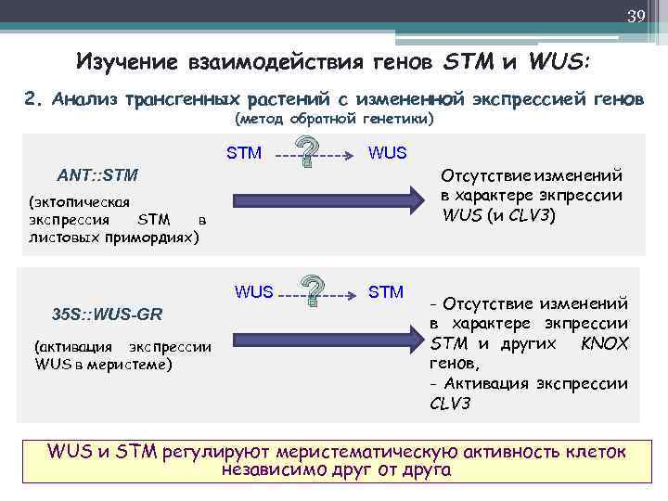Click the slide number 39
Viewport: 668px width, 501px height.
click(636, 16)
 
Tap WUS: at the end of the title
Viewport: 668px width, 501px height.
click(559, 63)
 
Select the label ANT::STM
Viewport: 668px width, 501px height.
click(97, 174)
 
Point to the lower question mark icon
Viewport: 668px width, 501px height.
click(316, 291)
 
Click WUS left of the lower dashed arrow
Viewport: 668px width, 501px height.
click(254, 292)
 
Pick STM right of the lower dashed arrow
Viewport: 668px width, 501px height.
click(386, 292)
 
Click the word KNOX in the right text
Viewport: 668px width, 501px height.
click(604, 343)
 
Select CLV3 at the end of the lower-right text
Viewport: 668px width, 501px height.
click(450, 405)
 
